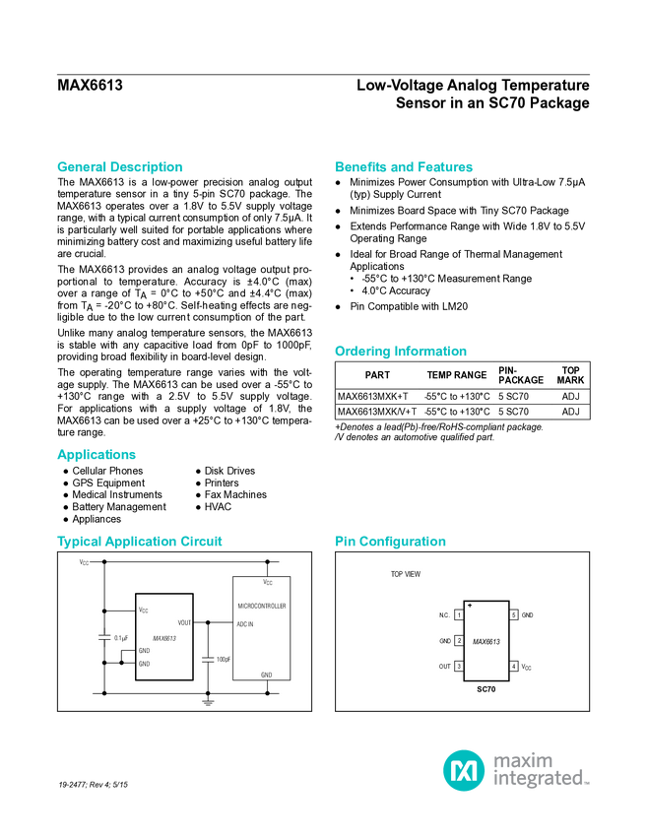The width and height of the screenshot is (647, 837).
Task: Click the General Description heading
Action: tap(120, 167)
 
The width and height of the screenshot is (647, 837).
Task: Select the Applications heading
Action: tap(97, 455)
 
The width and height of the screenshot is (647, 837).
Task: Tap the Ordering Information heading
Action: tap(400, 352)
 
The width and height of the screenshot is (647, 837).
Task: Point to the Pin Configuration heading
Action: tap(391, 542)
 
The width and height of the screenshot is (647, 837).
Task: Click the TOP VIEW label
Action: tap(405, 574)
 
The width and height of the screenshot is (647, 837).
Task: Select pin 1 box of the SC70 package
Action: tap(459, 615)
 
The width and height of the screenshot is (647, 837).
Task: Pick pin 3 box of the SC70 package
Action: tap(459, 667)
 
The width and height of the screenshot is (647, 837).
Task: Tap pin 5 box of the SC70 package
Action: tap(513, 615)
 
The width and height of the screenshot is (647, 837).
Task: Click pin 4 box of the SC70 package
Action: tap(513, 667)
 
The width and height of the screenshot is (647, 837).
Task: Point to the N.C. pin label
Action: tap(444, 615)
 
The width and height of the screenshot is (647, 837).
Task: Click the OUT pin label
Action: tap(444, 667)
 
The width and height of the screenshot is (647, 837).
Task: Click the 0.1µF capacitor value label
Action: tap(121, 637)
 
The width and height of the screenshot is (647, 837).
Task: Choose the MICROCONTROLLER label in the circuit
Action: tap(262, 607)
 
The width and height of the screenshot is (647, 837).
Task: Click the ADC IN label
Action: tap(245, 624)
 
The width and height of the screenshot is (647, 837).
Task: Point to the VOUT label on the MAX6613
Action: tap(184, 622)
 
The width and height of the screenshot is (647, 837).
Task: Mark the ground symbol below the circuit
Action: tap(208, 703)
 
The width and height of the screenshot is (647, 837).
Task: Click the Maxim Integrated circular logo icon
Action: tap(463, 769)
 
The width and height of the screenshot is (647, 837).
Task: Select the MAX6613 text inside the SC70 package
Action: tap(486, 641)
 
